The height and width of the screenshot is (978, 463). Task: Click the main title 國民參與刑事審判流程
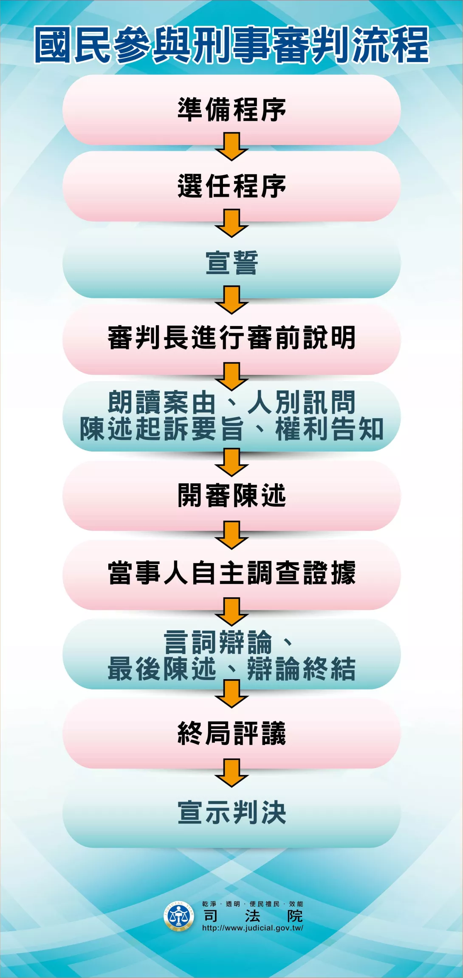click(x=231, y=45)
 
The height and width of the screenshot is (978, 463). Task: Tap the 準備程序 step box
click(x=231, y=110)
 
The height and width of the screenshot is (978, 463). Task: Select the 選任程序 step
click(x=231, y=186)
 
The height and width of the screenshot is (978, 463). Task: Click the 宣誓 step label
click(x=231, y=263)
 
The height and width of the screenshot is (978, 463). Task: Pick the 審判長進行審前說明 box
click(x=231, y=338)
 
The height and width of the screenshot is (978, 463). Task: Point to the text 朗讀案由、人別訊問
click(x=231, y=402)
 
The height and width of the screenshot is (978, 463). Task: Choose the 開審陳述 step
click(x=231, y=496)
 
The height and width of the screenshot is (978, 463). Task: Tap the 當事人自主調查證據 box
click(x=231, y=573)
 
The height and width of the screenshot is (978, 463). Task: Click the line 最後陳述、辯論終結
click(x=231, y=669)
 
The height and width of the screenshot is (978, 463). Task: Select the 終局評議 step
click(x=231, y=734)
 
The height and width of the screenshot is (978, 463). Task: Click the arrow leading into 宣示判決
click(x=231, y=773)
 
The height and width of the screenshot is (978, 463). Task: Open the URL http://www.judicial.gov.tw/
click(x=253, y=928)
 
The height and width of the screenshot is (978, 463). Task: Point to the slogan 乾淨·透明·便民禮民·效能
click(x=253, y=904)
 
